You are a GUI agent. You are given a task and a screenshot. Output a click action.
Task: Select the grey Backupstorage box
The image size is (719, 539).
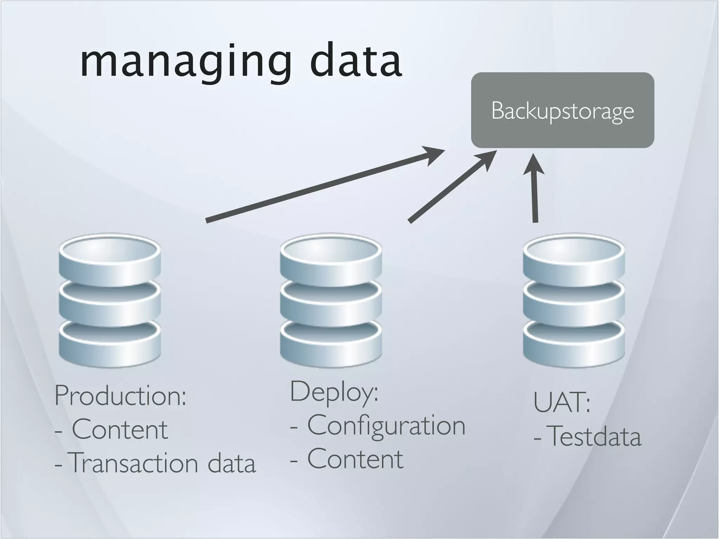[562, 110]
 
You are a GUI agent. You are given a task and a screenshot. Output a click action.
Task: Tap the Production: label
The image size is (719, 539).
[120, 396]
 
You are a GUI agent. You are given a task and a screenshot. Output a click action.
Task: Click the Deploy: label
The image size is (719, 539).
[334, 392]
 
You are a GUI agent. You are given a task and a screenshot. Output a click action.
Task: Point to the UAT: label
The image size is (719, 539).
[562, 402]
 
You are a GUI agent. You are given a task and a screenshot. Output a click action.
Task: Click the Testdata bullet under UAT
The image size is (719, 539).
[594, 437]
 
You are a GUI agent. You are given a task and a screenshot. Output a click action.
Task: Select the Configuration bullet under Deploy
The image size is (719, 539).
[386, 425]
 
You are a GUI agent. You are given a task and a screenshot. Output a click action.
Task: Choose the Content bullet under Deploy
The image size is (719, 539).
[355, 459]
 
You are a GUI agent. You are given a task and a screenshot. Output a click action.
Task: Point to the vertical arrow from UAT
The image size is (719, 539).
[535, 197]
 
